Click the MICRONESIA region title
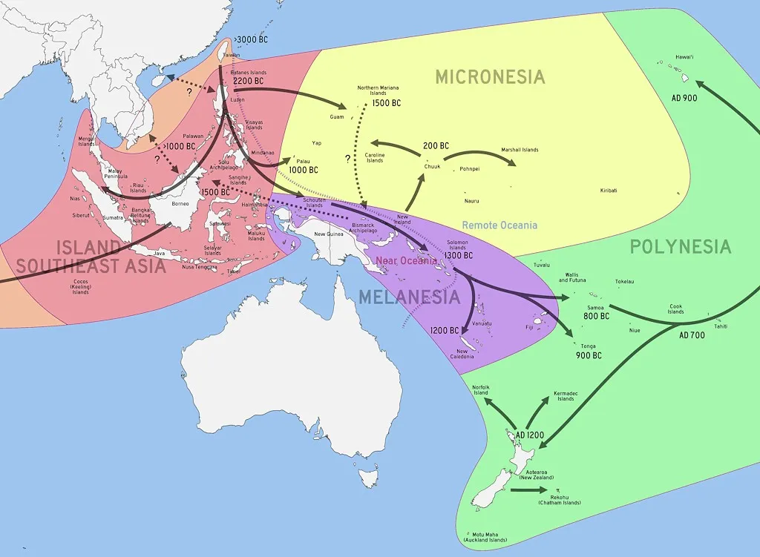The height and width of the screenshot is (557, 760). point(490,77)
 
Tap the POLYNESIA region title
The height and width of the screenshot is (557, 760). point(680,247)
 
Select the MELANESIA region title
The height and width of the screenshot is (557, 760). point(409,297)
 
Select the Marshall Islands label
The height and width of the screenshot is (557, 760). point(520,150)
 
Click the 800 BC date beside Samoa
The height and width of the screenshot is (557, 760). point(597,316)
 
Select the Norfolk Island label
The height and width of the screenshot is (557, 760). point(483,390)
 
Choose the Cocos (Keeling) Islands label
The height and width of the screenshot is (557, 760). point(80,286)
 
